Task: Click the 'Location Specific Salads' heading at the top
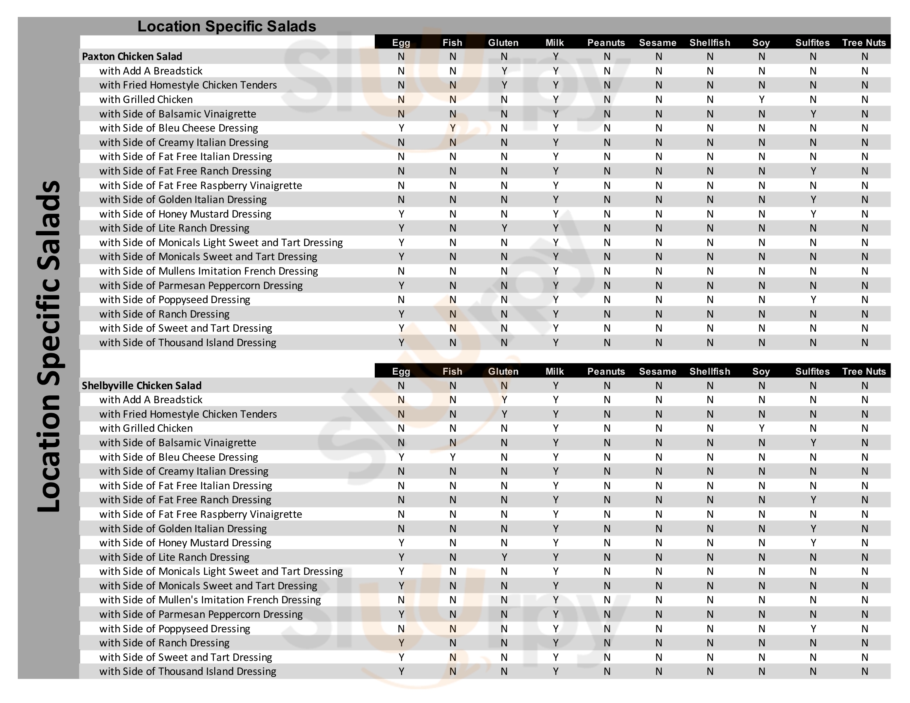coord(227,26)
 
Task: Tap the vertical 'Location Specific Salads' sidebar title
coord(49,346)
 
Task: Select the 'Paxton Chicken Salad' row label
coord(132,56)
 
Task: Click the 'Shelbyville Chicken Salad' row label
coord(141,385)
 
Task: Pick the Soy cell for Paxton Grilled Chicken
coord(761,100)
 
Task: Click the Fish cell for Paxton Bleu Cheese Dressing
coord(453,128)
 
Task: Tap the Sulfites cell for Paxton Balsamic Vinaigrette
coord(812,114)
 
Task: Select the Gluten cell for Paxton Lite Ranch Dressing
coord(504,228)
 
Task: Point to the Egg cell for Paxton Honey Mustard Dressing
coord(401,214)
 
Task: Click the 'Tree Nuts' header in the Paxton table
coord(864,43)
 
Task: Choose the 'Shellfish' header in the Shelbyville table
coord(709,371)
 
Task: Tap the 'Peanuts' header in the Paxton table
coord(606,43)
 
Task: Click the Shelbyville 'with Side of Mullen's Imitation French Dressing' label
coord(210,600)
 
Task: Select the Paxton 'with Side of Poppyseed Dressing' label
coord(175,299)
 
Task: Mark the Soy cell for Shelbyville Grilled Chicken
coord(761,428)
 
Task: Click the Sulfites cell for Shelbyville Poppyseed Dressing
coord(812,629)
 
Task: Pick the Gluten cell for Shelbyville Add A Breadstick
coord(504,400)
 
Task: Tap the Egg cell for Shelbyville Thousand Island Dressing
coord(401,671)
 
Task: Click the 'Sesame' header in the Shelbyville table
coord(658,371)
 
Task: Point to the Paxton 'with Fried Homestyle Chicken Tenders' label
coord(188,85)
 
